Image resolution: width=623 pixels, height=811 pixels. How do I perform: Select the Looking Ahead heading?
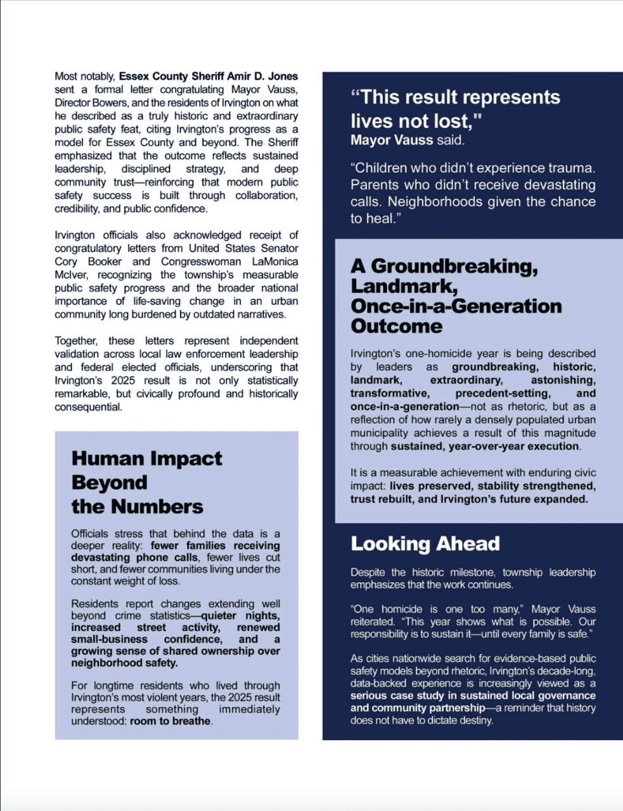coord(425,544)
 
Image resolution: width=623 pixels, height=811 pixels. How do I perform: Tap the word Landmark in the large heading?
coord(404,286)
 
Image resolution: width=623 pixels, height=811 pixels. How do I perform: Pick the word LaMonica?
coord(275,262)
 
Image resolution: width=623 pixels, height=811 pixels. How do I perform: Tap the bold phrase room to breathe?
coord(170,721)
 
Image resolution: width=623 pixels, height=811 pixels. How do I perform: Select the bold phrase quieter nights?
coord(240,616)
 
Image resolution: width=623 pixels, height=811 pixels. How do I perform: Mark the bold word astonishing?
coord(563,380)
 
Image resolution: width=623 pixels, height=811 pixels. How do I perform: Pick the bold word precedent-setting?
coord(503,393)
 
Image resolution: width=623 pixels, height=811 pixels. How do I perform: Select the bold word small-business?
coord(109,639)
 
